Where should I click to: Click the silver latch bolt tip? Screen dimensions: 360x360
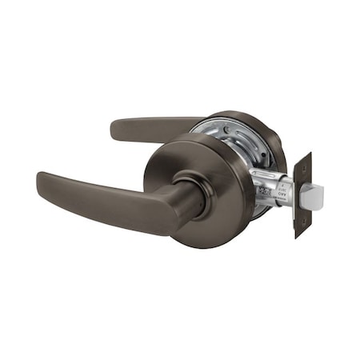click(315, 194)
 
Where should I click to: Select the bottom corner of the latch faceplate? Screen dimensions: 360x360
click(298, 238)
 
